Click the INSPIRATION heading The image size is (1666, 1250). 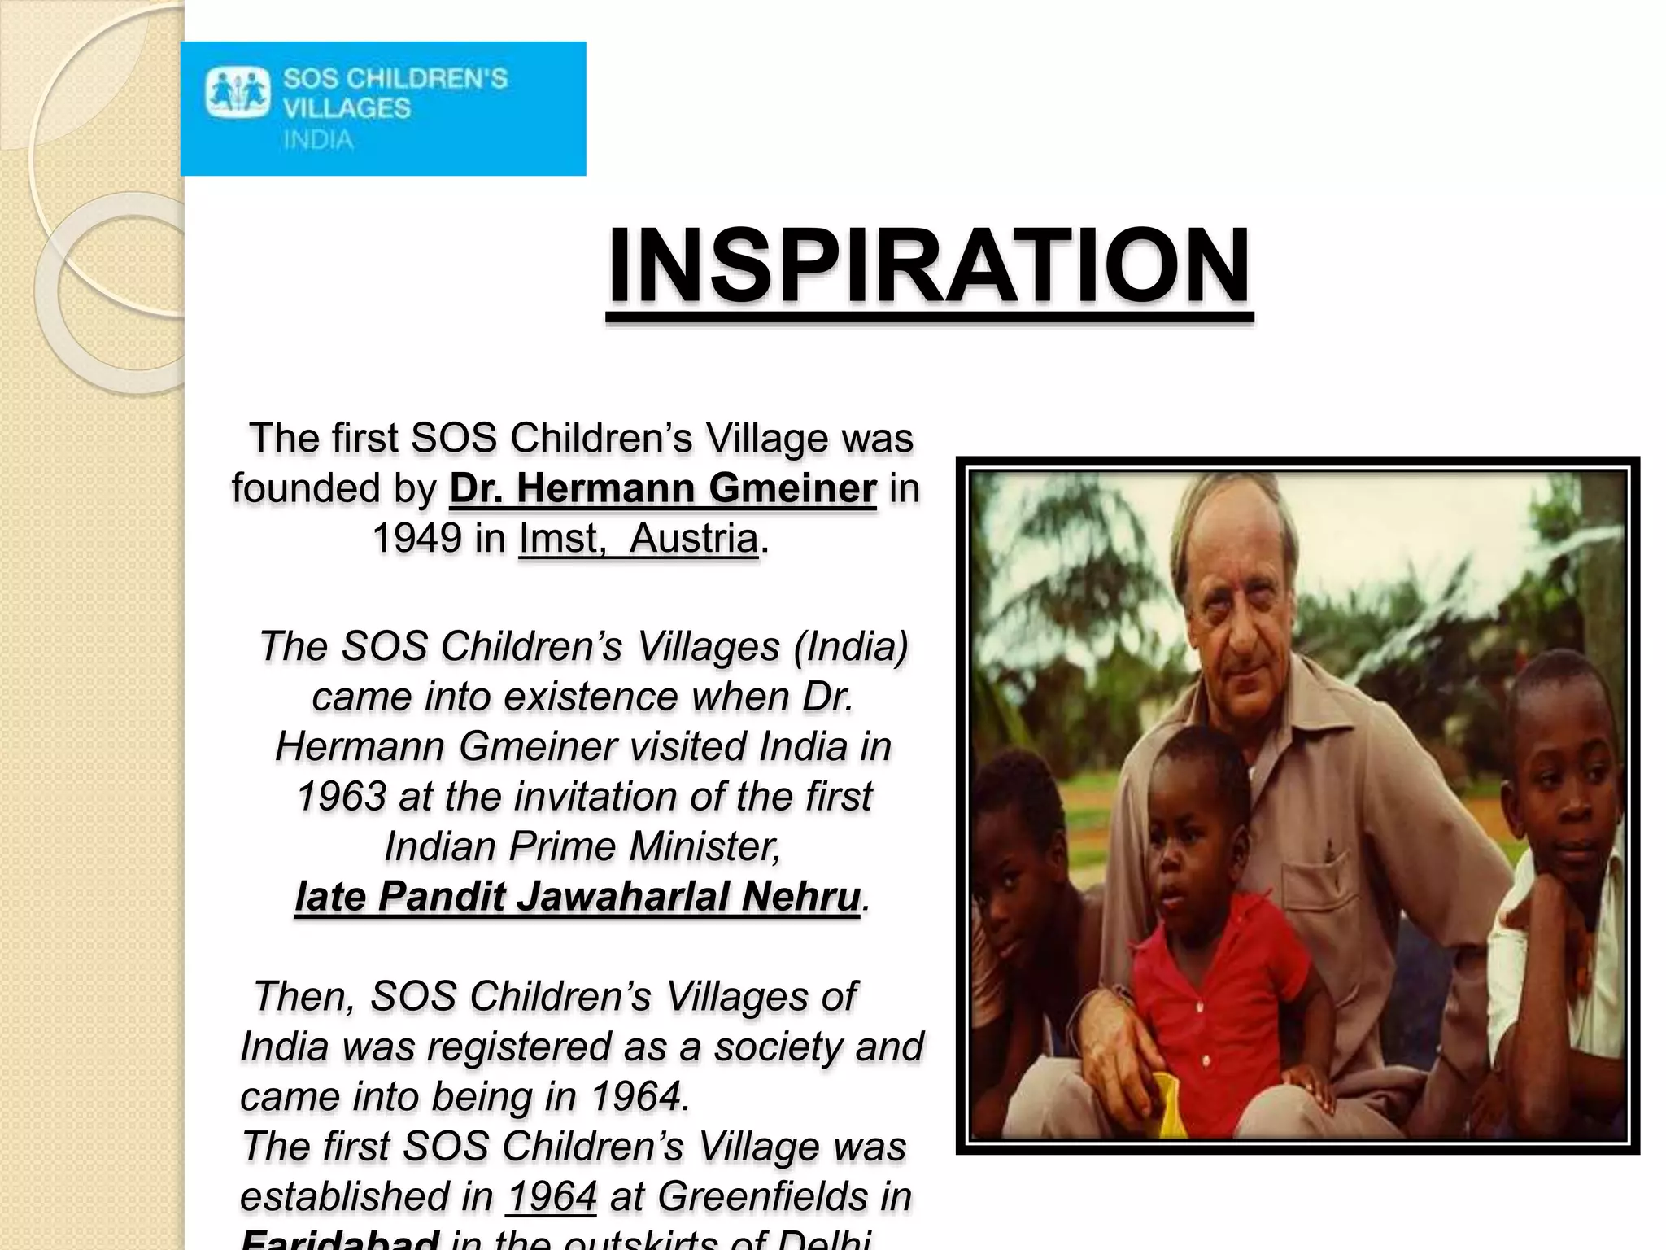929,266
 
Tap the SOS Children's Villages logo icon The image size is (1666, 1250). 237,94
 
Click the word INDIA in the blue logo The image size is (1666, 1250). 318,140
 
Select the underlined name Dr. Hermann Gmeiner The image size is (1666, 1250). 663,488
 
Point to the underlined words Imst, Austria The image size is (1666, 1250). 639,539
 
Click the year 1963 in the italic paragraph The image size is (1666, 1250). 341,797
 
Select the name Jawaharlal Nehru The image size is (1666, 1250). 688,897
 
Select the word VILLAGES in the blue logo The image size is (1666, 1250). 347,108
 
